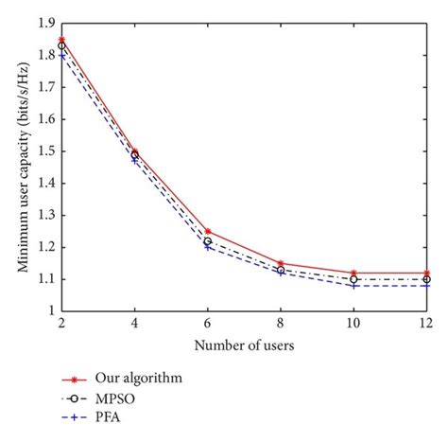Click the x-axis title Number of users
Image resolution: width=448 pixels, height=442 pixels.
pyautogui.click(x=244, y=345)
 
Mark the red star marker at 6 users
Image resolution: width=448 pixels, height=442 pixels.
pyautogui.click(x=208, y=231)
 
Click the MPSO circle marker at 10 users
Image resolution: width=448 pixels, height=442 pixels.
pyautogui.click(x=353, y=279)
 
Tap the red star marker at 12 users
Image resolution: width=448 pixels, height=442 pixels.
pyautogui.click(x=426, y=273)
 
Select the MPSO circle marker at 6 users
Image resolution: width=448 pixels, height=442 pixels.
pyautogui.click(x=208, y=240)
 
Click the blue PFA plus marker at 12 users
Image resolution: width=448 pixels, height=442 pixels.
pyautogui.click(x=426, y=285)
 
